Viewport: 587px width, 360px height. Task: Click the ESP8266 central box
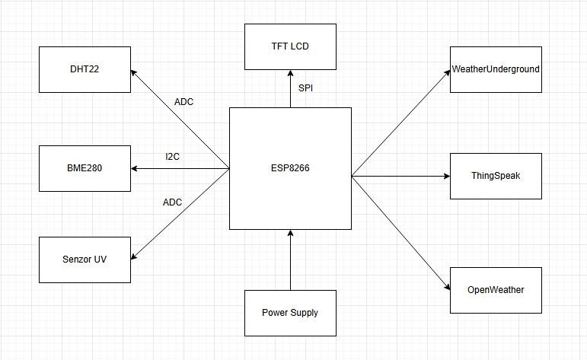coord(290,168)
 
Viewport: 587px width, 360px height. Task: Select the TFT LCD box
coord(290,46)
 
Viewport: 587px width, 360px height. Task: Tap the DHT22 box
coord(85,69)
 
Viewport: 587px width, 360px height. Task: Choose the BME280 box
coord(85,168)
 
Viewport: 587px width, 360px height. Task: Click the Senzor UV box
coord(85,260)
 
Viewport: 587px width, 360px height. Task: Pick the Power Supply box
coord(290,313)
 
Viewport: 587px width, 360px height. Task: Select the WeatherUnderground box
coord(496,69)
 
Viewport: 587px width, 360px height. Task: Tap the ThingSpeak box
coord(496,176)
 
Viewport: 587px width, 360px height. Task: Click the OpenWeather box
coord(496,290)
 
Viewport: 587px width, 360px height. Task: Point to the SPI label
coord(305,88)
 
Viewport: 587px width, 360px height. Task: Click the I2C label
coord(173,156)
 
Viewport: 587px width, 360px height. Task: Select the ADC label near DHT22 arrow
coord(184,101)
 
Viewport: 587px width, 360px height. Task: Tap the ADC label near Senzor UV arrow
coord(173,202)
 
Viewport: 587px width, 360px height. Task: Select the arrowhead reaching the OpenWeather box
coord(446,286)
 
